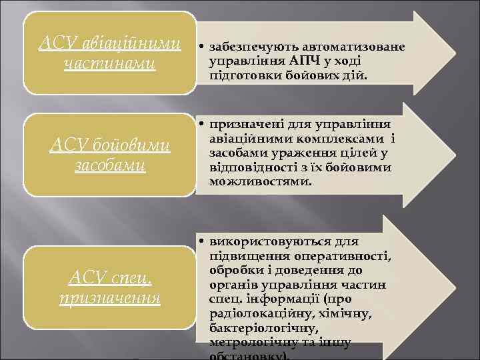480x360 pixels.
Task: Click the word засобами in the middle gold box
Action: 109,165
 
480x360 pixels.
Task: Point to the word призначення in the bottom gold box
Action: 109,298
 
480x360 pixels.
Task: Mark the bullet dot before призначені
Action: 201,125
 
